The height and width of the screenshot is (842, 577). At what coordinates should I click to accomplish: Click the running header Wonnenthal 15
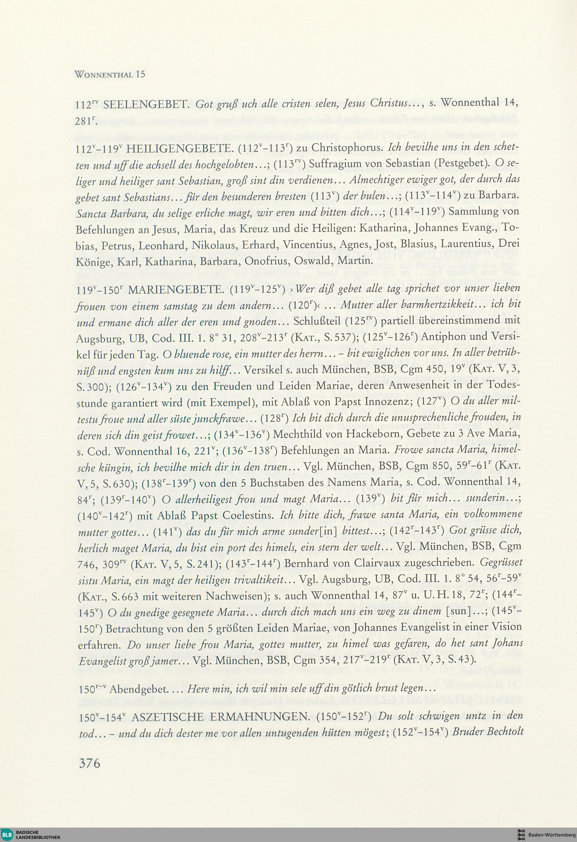point(109,75)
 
